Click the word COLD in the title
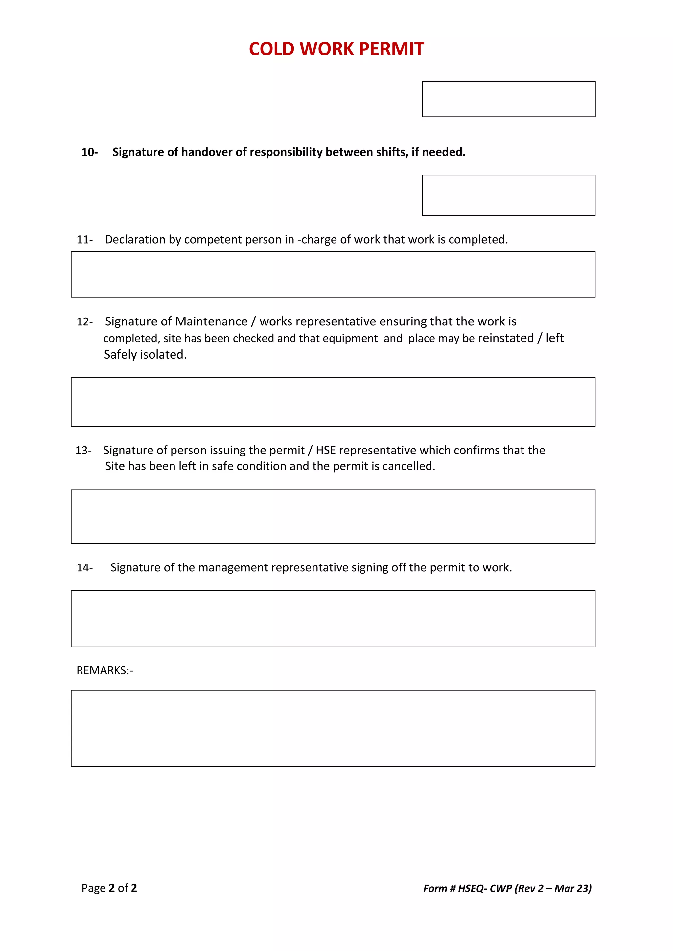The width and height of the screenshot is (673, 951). pos(271,49)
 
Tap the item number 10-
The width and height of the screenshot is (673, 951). pos(89,152)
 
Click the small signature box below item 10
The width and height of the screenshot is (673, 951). pos(508,195)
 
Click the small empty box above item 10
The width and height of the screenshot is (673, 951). pos(508,99)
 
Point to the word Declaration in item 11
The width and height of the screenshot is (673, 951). pos(135,239)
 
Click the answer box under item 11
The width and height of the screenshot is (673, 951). pos(333,274)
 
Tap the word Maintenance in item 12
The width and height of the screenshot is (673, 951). pos(211,321)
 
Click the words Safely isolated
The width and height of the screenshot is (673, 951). pos(145,355)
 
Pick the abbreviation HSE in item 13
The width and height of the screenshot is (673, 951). pos(325,450)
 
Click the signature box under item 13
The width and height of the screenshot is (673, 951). pos(333,517)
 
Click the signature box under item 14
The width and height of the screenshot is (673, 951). pos(333,618)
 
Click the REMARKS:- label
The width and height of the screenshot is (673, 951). pos(105,670)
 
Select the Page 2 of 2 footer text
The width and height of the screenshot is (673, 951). pos(109,888)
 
